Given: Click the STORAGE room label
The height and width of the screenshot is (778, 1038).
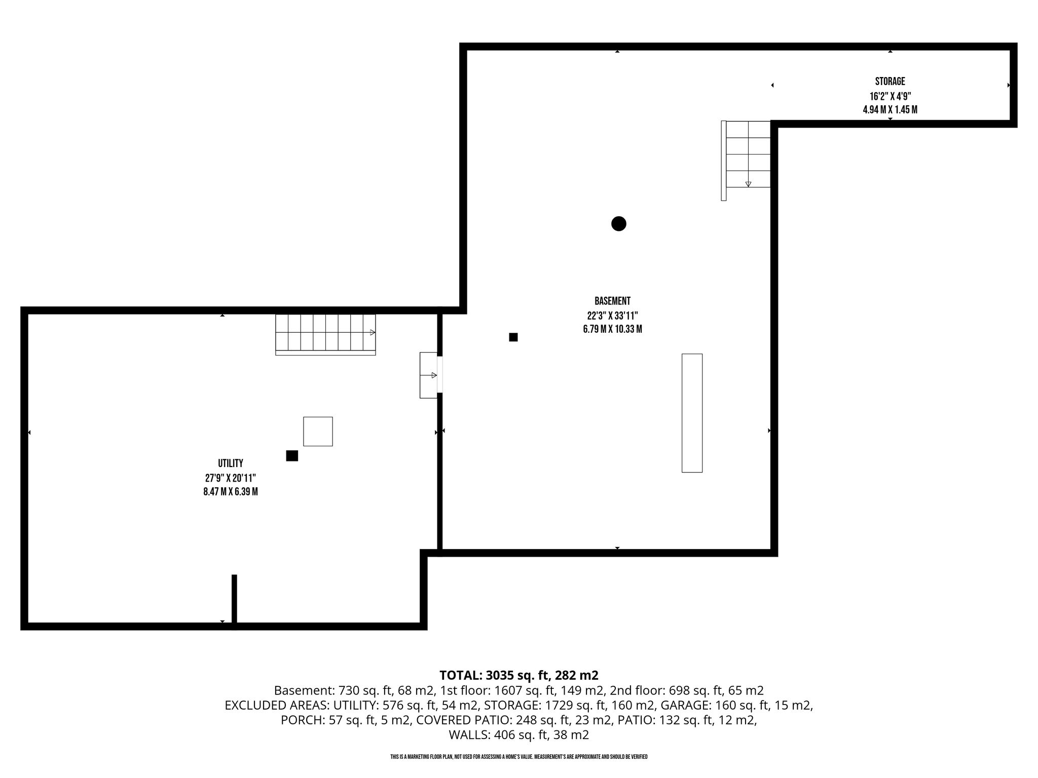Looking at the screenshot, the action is coord(890,82).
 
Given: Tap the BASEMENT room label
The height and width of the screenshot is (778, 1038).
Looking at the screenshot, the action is coord(612,301).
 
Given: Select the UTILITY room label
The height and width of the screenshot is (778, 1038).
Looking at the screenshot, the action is coord(231,463).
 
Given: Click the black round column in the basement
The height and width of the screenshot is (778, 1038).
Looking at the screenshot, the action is coord(619,223).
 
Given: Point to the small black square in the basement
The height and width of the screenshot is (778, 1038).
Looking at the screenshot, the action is coord(513,337).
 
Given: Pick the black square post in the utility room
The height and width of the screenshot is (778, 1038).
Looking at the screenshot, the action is coord(292,455).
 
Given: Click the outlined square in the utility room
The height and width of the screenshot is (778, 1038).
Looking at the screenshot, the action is coord(318,431).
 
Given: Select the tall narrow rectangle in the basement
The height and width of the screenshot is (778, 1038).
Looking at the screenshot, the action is coord(692,413).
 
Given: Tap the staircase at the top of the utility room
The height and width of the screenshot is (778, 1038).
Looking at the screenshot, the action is coord(325,334).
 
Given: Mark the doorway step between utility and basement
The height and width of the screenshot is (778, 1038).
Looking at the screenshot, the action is coord(429,375).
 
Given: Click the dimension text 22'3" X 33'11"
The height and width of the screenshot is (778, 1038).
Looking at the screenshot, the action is coord(612,315).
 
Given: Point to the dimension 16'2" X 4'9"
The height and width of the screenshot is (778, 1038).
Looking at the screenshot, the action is coord(890,96).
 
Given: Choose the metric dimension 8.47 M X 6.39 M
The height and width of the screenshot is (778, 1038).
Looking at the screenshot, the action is coord(231,491).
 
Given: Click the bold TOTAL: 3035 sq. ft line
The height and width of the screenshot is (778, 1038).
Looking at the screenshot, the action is coord(519,675).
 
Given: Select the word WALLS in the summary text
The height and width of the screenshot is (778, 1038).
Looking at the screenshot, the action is coord(468,734).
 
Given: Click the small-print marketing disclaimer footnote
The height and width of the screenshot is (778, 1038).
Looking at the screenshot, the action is coord(519,757).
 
